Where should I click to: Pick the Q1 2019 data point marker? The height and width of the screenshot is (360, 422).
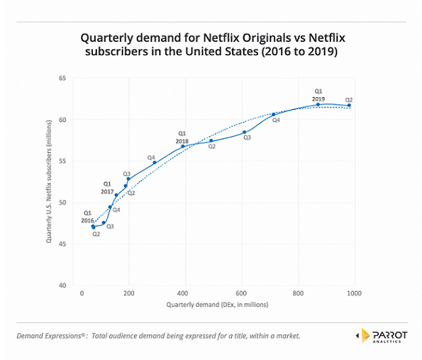pos(318,104)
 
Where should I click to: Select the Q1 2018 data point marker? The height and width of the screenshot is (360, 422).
pos(183,146)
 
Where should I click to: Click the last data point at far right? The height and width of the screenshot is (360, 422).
pos(349,106)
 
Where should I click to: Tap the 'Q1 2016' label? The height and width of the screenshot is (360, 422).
pos(88,216)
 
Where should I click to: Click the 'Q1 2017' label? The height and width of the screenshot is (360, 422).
pos(108,186)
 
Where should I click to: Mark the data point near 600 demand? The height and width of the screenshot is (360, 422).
pos(245,132)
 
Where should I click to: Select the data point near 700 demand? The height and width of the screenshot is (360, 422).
pos(274,114)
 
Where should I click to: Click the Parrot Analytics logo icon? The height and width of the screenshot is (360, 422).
pos(360,334)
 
